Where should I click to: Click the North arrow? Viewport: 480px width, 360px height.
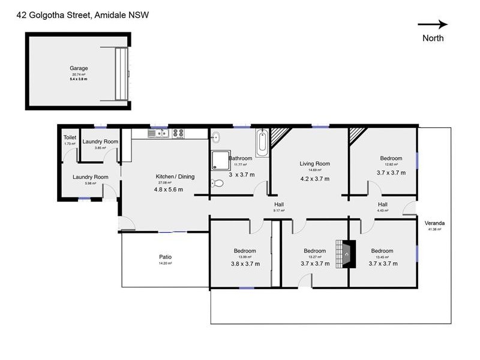click(433, 25)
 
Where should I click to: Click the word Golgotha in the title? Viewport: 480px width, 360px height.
click(64, 16)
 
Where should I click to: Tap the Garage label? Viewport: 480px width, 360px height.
click(79, 68)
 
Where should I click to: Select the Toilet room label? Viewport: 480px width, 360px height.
click(70, 137)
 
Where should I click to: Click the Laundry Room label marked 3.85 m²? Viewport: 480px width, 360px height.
click(100, 142)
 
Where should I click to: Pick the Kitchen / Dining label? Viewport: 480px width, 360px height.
click(175, 176)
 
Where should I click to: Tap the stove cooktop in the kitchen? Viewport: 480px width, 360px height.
click(179, 133)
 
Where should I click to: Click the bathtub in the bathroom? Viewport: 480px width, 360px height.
click(262, 142)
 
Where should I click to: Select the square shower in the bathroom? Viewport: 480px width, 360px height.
click(220, 159)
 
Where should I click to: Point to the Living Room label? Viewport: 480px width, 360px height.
click(315, 163)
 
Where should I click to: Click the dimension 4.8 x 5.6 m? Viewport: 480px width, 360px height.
click(168, 190)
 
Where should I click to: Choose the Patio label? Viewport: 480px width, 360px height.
click(166, 257)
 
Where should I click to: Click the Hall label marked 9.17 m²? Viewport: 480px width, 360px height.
click(278, 205)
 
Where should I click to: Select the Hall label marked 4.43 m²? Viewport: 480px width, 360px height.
click(383, 205)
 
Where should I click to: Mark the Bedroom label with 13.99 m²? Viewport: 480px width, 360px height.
click(245, 251)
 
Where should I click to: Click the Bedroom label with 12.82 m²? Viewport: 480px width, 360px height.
click(391, 158)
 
